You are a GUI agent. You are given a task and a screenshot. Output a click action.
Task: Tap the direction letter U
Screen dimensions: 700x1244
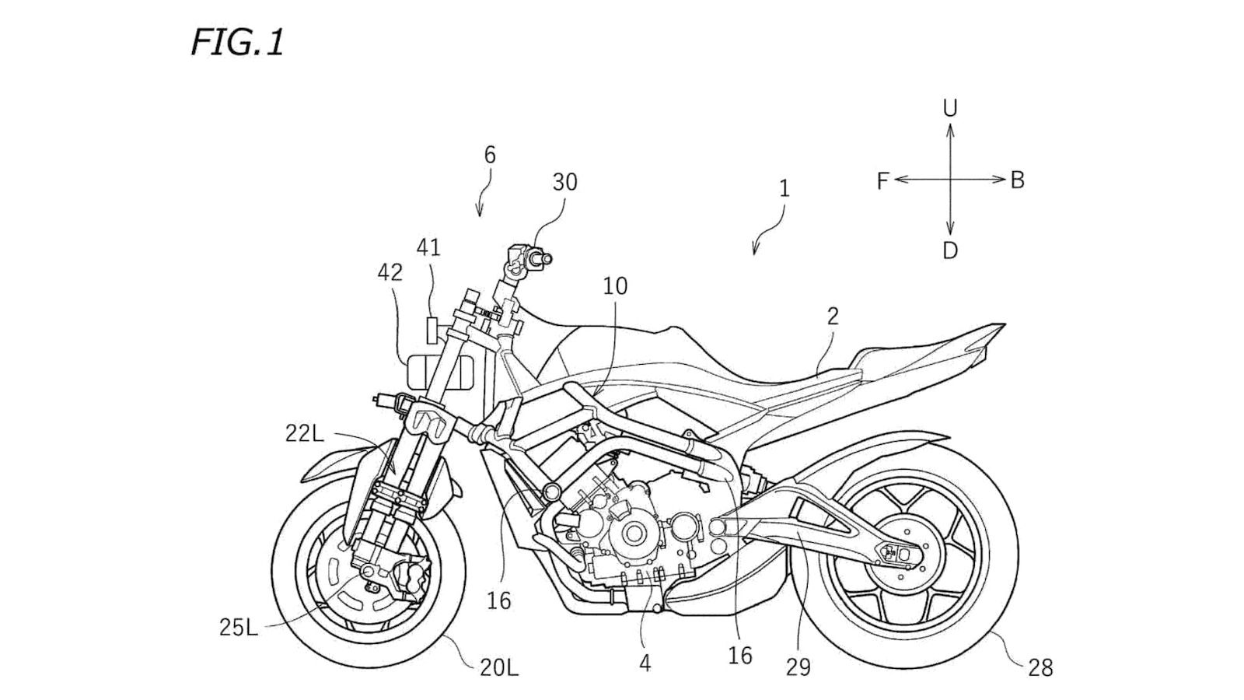(949, 108)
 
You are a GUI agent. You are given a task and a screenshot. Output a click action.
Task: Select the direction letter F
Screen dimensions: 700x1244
(882, 181)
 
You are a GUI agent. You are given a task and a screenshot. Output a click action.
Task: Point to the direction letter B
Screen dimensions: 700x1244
(1017, 180)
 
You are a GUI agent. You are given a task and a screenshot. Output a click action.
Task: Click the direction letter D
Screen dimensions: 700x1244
(949, 250)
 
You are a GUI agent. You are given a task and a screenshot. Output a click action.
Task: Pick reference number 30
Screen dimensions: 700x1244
(565, 182)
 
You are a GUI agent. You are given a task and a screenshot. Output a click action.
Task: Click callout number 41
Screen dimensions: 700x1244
(428, 247)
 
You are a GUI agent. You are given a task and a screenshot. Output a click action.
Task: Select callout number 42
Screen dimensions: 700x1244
(390, 272)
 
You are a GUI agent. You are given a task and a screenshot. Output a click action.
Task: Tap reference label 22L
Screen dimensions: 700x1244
(303, 434)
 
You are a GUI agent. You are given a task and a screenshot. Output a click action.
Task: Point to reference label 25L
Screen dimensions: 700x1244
(239, 627)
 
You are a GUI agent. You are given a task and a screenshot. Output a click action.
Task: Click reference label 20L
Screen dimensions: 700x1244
(497, 667)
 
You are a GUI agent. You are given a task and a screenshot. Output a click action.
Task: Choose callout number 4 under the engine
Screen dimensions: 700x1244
(645, 663)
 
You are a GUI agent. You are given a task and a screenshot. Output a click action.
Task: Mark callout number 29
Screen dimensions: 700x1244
(798, 667)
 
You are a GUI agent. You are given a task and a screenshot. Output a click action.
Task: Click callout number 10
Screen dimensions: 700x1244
(615, 286)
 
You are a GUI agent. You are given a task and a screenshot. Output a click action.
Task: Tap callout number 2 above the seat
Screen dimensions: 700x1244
(833, 316)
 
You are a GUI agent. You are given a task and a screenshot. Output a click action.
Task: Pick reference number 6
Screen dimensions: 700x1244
(490, 156)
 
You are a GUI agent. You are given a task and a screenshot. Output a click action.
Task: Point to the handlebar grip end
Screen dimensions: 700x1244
(547, 257)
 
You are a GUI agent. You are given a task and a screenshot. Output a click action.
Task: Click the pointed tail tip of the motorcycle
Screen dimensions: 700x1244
(1005, 325)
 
